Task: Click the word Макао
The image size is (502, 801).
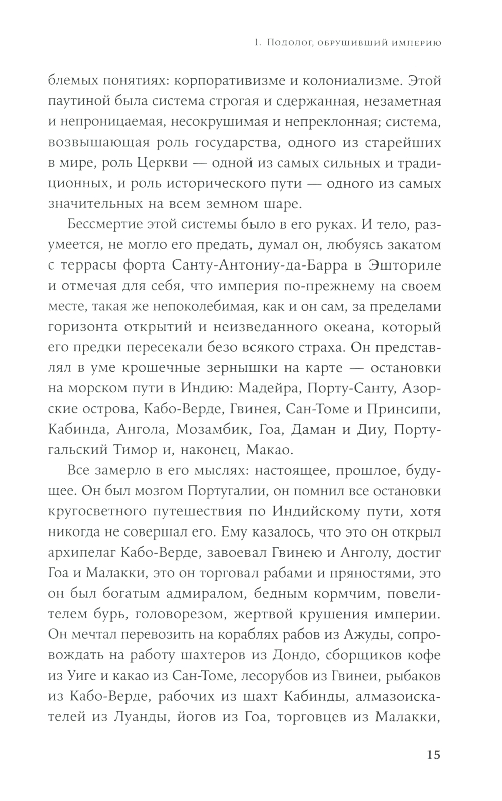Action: (270, 450)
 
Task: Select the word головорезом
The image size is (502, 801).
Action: (170, 615)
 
